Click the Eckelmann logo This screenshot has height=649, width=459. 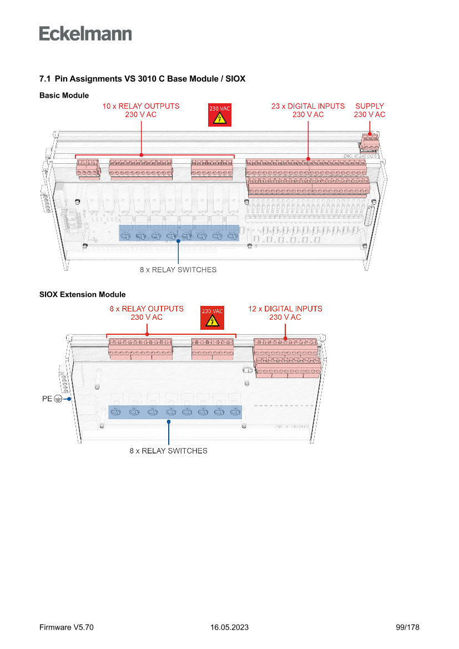click(85, 33)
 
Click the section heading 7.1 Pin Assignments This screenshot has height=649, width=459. click(142, 79)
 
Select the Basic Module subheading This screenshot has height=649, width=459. click(64, 95)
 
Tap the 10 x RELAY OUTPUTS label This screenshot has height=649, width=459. click(141, 110)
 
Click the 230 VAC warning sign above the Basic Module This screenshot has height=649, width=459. click(219, 115)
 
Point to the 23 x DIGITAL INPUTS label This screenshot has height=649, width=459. click(308, 110)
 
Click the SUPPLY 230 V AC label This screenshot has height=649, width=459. click(370, 110)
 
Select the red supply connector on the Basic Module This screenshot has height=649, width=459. click(370, 141)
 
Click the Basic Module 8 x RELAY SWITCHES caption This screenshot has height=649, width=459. click(178, 270)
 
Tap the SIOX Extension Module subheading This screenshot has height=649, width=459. click(83, 294)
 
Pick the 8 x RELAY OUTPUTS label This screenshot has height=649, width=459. click(147, 313)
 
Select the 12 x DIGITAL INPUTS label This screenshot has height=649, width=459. click(285, 313)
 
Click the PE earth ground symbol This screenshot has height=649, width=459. click(58, 399)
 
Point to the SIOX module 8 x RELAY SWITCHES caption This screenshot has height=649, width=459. click(169, 451)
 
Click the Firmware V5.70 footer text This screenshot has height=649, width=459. click(67, 627)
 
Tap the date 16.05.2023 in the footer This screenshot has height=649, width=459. click(229, 627)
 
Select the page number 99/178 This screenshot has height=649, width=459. click(407, 627)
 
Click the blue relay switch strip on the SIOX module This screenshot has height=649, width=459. click(175, 412)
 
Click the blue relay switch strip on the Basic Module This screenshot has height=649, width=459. click(179, 233)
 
